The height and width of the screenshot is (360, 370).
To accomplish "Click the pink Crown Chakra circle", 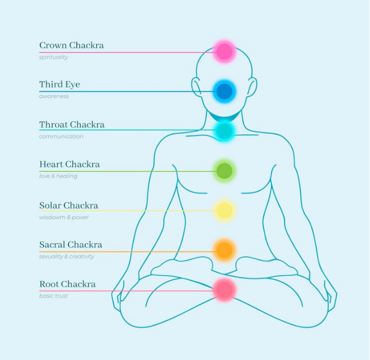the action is click(x=225, y=52).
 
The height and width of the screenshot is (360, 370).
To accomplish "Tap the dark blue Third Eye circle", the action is click(x=225, y=91).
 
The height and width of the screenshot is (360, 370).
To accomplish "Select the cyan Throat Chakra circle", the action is click(x=225, y=131).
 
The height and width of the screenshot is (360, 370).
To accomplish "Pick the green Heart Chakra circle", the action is click(x=225, y=170).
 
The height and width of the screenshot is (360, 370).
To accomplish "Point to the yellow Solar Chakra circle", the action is click(x=225, y=211).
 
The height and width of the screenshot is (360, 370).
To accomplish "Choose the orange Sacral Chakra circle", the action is click(x=225, y=249).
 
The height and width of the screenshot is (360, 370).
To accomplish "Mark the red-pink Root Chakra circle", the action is click(x=225, y=290).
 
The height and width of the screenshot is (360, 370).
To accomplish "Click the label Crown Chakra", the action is click(x=71, y=45).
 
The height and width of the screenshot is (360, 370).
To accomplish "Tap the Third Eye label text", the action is click(x=59, y=84).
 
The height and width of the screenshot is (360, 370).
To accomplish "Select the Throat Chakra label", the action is click(x=72, y=124).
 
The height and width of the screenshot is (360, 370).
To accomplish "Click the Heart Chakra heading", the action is click(x=70, y=164).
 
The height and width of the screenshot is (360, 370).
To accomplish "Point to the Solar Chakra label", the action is click(x=68, y=205).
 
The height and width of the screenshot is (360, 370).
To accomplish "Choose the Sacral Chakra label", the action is click(x=71, y=244).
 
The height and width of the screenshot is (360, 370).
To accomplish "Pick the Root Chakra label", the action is click(x=67, y=284).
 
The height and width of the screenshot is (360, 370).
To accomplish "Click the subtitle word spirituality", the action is click(x=54, y=57).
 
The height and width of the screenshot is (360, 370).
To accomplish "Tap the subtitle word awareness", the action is click(x=54, y=96).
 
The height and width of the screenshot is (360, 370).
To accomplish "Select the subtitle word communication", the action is click(x=61, y=136).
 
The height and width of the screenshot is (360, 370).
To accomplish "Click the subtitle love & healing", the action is click(x=58, y=176).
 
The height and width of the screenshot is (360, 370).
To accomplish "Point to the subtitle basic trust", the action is click(x=54, y=296).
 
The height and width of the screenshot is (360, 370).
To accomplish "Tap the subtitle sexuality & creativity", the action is click(x=67, y=256).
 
